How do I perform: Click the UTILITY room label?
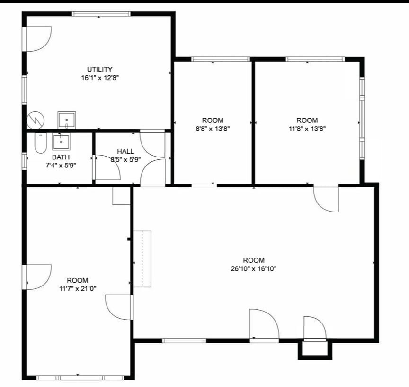pos(99,70)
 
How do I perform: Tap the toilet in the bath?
pos(40,143)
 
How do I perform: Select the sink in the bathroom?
pos(61,141)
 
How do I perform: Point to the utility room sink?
pos(67,120)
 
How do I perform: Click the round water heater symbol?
pos(36,120)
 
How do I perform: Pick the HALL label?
pos(125,151)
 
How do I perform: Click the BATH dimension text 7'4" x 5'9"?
pos(61,166)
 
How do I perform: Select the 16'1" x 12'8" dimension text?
pos(100,78)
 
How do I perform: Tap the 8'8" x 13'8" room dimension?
pos(213,129)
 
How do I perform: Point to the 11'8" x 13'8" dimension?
pos(307,129)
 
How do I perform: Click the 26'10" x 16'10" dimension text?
pos(254,268)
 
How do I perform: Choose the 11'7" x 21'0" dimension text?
pos(78,289)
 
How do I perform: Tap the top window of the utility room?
pos(101,14)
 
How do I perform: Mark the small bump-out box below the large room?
pos(315,350)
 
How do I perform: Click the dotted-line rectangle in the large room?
pos(142,259)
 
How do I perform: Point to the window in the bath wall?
pos(24,161)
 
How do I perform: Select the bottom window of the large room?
pos(184,341)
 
